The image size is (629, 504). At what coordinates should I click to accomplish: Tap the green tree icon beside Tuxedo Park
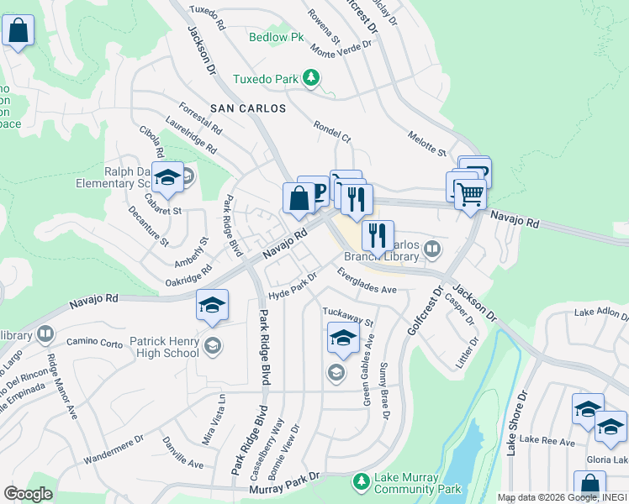tap(312, 79)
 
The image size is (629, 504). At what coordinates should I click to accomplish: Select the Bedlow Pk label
tap(273, 37)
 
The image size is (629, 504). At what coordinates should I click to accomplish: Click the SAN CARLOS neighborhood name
tap(248, 109)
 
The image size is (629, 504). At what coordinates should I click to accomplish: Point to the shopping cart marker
tap(470, 195)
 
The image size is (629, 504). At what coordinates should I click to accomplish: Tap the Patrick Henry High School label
tap(164, 348)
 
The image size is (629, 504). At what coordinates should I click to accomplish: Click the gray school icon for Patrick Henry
tap(213, 345)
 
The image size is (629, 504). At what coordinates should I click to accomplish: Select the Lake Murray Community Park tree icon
tap(361, 482)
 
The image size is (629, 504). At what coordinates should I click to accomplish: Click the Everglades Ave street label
tap(367, 281)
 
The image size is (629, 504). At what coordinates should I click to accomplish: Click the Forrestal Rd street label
tap(200, 119)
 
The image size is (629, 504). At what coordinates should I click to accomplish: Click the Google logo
tap(28, 494)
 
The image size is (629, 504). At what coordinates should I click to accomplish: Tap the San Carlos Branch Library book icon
tap(431, 248)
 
